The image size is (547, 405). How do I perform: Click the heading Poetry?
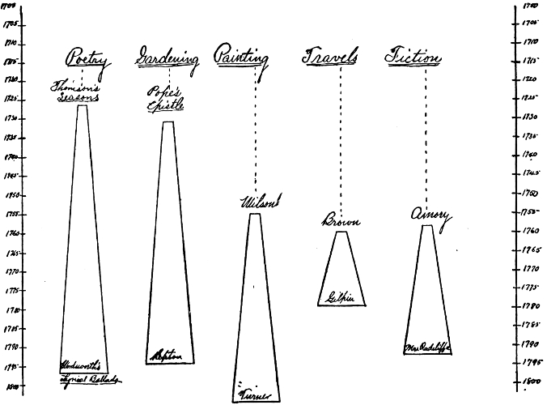88,59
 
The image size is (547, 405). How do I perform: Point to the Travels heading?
332,58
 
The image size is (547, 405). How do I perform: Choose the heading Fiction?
413,58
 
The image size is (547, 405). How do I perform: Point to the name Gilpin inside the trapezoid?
341,297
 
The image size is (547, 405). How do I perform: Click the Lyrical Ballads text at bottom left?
93,375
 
